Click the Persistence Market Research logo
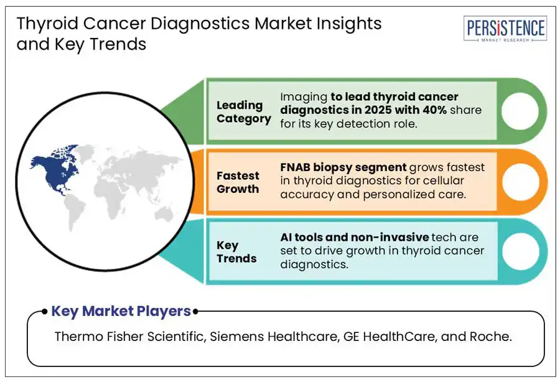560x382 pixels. click(505, 29)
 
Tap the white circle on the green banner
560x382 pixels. click(520, 111)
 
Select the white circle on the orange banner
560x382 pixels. click(521, 182)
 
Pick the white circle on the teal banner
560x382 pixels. click(521, 251)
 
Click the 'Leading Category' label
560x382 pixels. click(243, 112)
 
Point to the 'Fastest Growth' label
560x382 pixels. click(238, 182)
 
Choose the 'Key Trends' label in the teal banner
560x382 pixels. click(236, 252)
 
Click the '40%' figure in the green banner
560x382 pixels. click(434, 109)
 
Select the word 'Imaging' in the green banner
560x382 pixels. click(304, 98)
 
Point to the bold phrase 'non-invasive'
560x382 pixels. click(390, 237)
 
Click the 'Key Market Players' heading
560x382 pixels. click(121, 311)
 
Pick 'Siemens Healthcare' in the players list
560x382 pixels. click(274, 337)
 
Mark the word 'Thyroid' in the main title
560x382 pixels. click(47, 24)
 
